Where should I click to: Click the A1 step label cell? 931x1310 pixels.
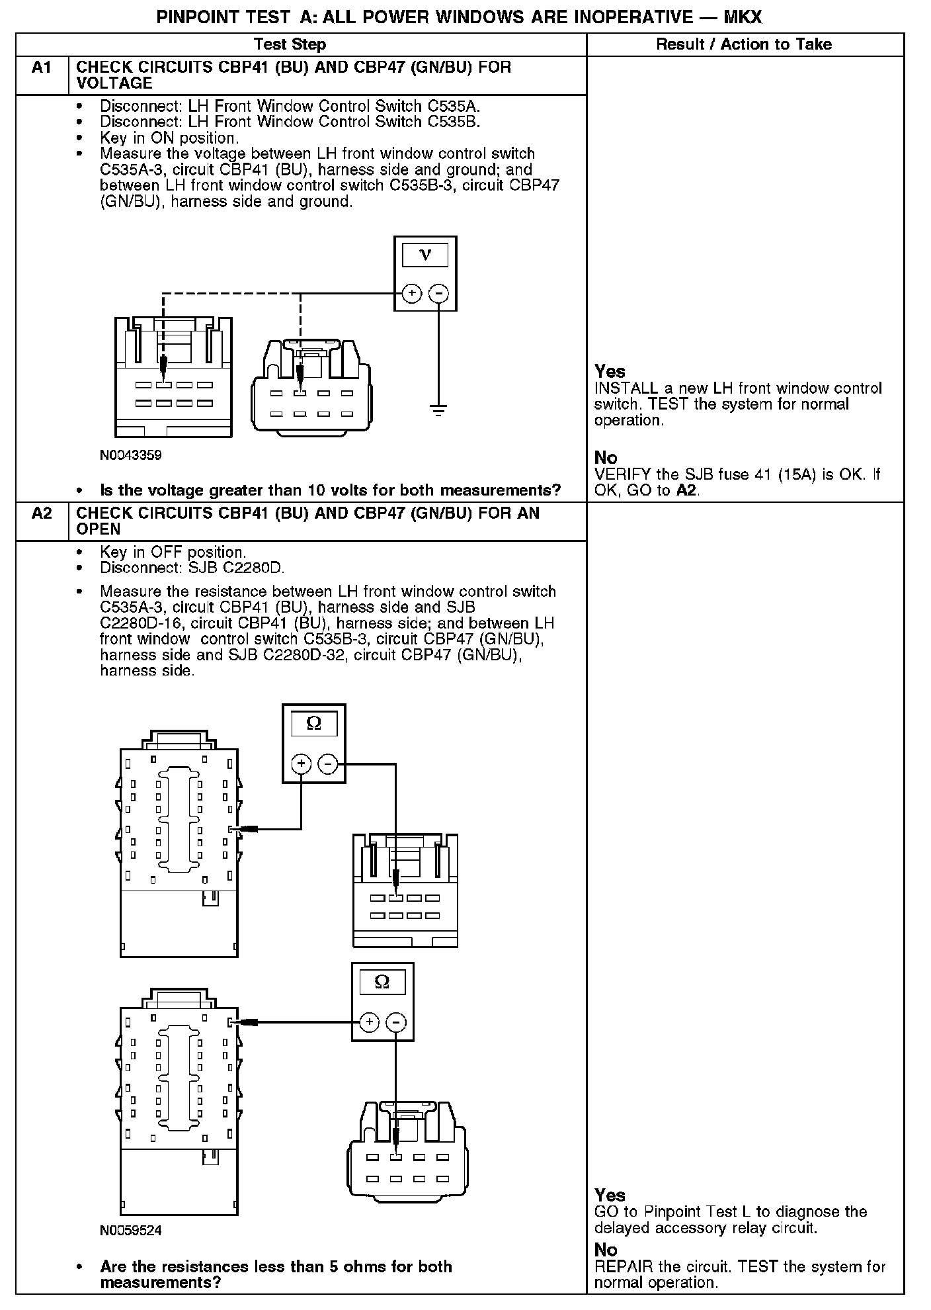tap(42, 75)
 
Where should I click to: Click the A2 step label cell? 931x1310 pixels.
tap(42, 521)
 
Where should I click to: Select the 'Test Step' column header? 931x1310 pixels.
tap(290, 44)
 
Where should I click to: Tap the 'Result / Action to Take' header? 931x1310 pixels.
tap(744, 44)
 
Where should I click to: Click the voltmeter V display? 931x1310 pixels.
tap(425, 255)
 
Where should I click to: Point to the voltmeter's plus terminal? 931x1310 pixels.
tap(411, 293)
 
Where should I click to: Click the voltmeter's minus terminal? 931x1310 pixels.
tap(438, 293)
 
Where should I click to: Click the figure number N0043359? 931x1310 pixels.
tap(131, 455)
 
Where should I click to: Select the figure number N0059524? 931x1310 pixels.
tap(131, 1231)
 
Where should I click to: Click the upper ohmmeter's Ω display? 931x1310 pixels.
tap(314, 724)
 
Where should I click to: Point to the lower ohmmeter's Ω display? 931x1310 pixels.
tap(382, 982)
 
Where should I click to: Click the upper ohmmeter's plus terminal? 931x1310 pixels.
tap(302, 764)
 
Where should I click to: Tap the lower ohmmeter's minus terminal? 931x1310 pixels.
tap(395, 1022)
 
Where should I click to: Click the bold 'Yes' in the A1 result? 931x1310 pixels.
tap(610, 371)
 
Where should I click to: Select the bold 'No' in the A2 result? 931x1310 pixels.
tap(606, 1249)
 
